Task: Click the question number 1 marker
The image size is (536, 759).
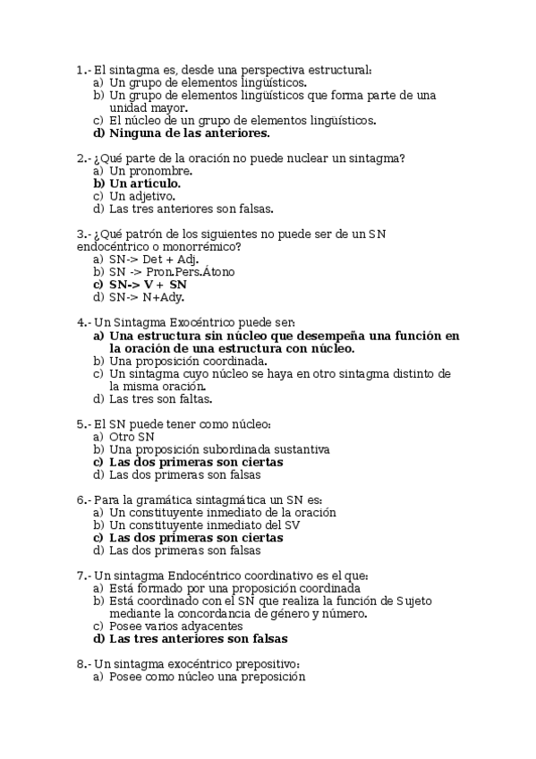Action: coord(82,70)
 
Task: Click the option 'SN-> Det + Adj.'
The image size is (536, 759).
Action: coord(153,260)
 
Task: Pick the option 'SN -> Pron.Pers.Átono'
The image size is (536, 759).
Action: coord(173,272)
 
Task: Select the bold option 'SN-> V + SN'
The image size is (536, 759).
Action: coord(148,285)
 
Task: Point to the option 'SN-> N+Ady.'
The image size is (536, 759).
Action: coord(146,297)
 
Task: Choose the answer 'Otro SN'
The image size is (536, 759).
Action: coord(132,436)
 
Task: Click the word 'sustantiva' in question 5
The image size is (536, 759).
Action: coord(302,449)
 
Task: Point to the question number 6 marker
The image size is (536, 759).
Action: coord(82,499)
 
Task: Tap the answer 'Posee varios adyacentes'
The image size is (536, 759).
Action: coord(173,627)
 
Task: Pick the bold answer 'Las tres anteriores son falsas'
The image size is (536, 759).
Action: coord(198,640)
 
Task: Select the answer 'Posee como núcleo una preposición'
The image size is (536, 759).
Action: coord(207,678)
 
